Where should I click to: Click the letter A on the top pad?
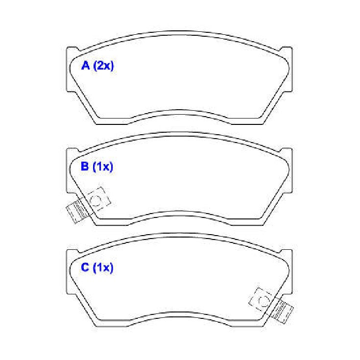[x=85, y=66]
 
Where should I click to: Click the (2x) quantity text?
[x=103, y=66]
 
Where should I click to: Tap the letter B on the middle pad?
[x=85, y=166]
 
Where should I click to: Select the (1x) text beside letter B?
[x=103, y=167]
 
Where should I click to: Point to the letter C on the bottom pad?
[x=85, y=267]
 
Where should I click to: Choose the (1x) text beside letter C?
[x=103, y=268]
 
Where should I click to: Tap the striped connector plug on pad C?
[x=283, y=312]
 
